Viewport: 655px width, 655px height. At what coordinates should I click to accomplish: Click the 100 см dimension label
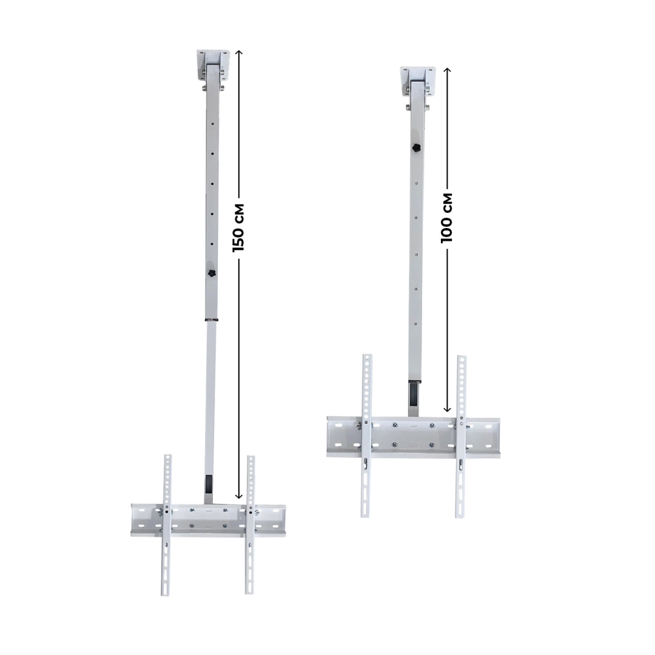[448, 217]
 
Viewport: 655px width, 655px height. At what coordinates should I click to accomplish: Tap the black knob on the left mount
[212, 275]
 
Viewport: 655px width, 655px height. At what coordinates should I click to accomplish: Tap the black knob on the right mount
[416, 147]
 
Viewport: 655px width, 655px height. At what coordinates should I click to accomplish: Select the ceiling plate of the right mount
[418, 78]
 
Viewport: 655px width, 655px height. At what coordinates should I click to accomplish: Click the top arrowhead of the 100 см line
[448, 70]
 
